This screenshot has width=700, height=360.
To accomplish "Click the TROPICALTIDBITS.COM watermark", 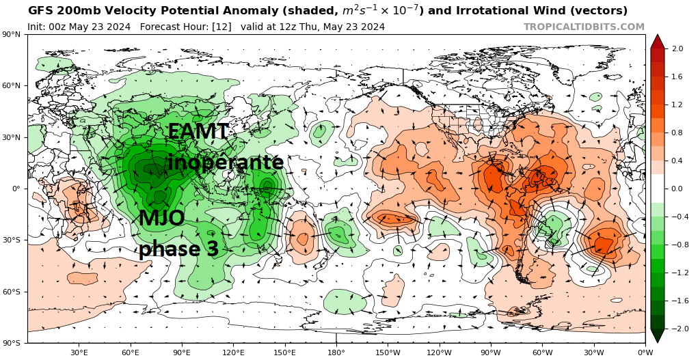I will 584,27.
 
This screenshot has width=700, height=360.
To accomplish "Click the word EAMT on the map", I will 198,131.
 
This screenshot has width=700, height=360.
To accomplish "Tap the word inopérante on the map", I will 226,162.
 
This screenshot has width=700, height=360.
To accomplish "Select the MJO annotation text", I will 161,219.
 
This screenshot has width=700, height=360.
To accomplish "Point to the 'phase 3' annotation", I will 178,249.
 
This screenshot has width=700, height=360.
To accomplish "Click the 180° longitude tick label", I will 336,352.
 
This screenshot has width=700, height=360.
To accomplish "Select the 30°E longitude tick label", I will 79,352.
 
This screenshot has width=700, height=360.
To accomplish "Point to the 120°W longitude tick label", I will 439,352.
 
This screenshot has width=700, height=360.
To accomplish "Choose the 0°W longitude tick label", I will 645,352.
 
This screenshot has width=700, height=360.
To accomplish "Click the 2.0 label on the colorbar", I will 677,49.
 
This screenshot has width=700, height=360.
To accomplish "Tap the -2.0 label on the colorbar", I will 676,329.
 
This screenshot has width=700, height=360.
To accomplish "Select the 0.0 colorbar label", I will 677,189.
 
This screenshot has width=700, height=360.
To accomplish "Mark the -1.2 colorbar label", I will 676,273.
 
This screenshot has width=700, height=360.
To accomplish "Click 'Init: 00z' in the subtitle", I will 51,27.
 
